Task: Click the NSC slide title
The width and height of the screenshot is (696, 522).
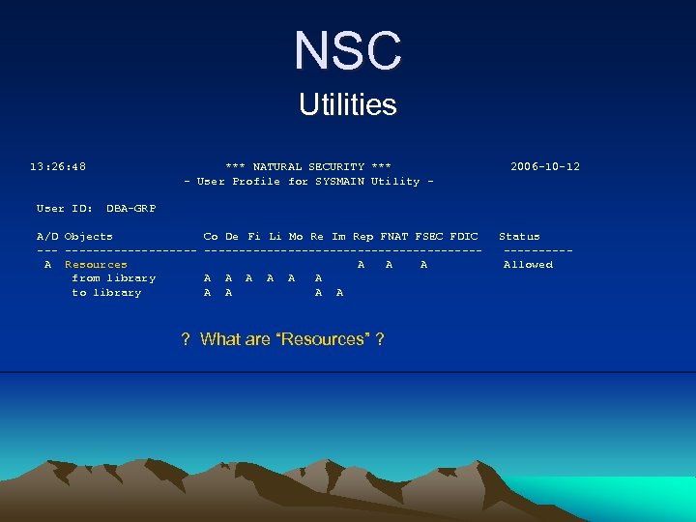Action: (348, 50)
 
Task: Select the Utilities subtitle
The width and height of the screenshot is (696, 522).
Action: (348, 104)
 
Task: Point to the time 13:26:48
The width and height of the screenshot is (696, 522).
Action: (58, 166)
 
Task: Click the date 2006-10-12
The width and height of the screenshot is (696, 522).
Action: (545, 166)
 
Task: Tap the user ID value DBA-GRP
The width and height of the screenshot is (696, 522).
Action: (130, 208)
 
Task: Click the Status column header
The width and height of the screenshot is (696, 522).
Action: (519, 236)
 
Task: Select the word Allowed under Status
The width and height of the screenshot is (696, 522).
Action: (528, 264)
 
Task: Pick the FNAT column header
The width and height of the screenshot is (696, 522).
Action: (393, 236)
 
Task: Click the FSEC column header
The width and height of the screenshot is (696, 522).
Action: (428, 236)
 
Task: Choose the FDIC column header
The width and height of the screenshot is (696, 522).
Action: (464, 236)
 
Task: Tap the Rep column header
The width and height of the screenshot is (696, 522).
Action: (362, 236)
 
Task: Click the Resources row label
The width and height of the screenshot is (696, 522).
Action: (96, 264)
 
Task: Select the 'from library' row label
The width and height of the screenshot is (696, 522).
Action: (113, 278)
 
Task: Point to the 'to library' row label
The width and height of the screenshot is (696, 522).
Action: (106, 292)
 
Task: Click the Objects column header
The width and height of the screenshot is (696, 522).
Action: (88, 236)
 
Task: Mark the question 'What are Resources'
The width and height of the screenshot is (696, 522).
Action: (283, 338)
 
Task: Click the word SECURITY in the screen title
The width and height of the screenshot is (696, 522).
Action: (337, 166)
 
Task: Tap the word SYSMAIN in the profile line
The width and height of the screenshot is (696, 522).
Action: (338, 181)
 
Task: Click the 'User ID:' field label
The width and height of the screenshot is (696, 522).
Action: (65, 208)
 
